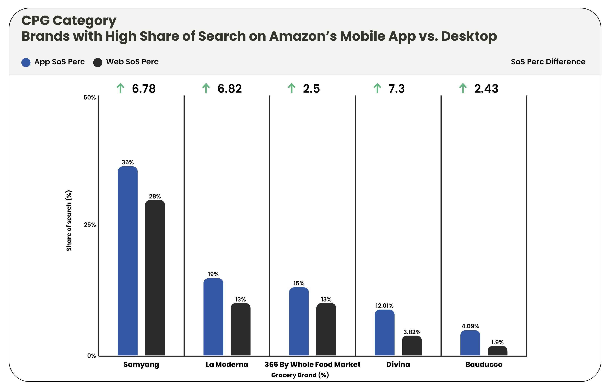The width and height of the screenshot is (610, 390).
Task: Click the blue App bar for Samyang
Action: coord(128,261)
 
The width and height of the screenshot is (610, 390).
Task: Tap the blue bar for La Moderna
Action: coord(213,317)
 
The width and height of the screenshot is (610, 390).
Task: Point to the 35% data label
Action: coord(128,162)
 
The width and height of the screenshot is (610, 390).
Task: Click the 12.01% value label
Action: coord(384,306)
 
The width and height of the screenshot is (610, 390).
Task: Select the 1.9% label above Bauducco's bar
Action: coord(497,342)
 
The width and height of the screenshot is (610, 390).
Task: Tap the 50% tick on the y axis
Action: coord(90,97)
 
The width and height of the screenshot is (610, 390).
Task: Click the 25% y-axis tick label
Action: coord(90,225)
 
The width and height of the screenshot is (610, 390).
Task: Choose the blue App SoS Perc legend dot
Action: coord(26,62)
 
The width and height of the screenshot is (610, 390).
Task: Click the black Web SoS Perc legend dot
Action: coord(98,62)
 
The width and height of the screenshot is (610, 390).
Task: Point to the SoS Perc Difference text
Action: coord(548,62)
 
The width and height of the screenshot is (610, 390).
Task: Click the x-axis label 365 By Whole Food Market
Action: coord(312,364)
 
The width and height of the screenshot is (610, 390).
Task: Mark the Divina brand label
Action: coord(398,364)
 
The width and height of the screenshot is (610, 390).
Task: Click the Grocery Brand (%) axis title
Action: coord(300,375)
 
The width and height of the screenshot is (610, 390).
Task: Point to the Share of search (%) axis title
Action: coord(69,220)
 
